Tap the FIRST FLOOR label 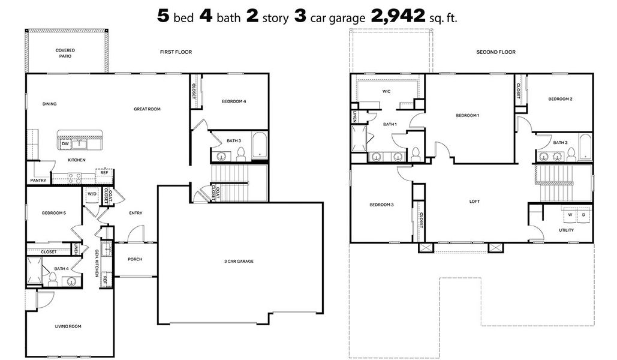[176, 52]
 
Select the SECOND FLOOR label [496, 52]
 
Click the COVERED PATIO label [64, 53]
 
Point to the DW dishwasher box [65, 144]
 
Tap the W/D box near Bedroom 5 [92, 194]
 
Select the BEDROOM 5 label [53, 213]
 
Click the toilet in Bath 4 [52, 278]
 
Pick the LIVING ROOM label [68, 326]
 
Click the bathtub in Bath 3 [260, 145]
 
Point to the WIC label [387, 92]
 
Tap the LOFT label [474, 202]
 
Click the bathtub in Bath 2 [585, 146]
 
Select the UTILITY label [566, 230]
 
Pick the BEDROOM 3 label [381, 205]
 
